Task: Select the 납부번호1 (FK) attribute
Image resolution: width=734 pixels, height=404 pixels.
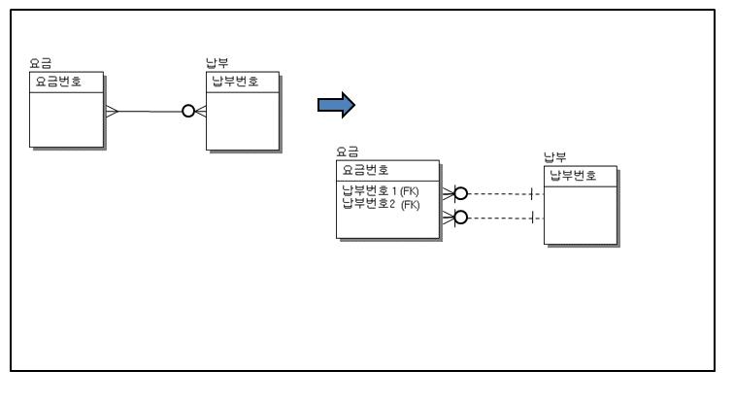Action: tap(381, 191)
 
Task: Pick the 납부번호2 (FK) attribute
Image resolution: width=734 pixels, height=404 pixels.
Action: tap(381, 203)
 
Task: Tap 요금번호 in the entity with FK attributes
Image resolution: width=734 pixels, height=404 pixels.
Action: tap(363, 170)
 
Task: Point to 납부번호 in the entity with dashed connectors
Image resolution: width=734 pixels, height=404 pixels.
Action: tap(572, 175)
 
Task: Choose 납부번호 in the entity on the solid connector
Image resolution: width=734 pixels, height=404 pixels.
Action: tap(233, 81)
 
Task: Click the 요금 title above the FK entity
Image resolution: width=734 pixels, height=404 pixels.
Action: tap(347, 151)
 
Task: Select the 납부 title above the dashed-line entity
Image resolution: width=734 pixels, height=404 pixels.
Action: tap(554, 157)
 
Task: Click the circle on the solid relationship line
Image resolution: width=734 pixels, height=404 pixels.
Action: tap(187, 112)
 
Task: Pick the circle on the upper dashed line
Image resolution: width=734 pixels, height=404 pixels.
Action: tap(461, 193)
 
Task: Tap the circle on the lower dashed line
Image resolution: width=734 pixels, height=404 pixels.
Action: tap(461, 217)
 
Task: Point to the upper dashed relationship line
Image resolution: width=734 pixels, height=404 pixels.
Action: tap(500, 193)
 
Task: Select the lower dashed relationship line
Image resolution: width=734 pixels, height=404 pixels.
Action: tap(500, 217)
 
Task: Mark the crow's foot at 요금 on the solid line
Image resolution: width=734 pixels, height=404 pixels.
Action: tap(111, 112)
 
